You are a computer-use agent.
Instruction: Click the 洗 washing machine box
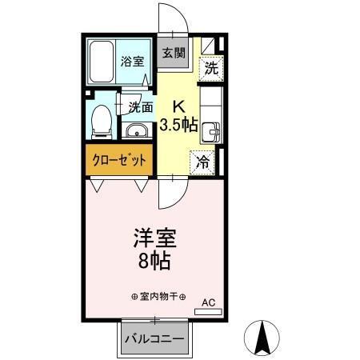(210, 68)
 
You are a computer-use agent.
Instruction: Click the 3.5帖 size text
(178, 125)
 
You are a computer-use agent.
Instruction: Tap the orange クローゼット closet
(118, 160)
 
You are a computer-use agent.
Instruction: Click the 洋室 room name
(154, 238)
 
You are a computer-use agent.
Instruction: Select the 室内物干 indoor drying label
(159, 297)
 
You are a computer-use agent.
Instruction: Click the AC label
(208, 302)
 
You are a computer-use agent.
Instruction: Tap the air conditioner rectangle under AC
(208, 311)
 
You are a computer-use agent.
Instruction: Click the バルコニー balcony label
(154, 338)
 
